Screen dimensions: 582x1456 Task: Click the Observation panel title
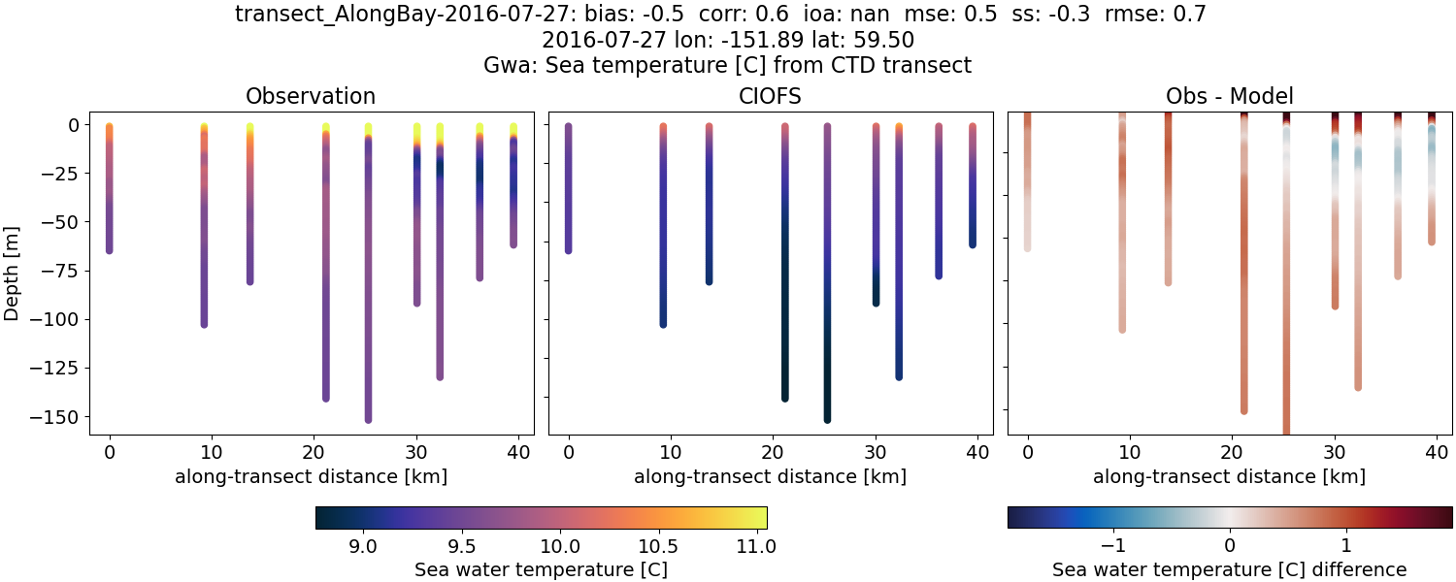click(311, 96)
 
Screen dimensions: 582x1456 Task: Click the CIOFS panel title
click(770, 96)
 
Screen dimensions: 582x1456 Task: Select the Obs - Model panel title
click(1229, 96)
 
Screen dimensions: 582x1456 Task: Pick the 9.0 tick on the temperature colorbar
click(362, 545)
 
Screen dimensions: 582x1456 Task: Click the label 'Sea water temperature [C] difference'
click(1229, 569)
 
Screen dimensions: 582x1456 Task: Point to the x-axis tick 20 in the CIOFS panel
click(773, 452)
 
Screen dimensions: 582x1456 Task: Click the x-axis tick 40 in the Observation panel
click(517, 452)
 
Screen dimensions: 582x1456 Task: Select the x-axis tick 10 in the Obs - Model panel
click(1130, 452)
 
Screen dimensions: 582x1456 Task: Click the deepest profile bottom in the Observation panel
click(368, 419)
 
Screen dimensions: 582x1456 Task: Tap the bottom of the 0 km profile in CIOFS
click(568, 250)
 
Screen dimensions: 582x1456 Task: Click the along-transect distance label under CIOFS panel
click(770, 476)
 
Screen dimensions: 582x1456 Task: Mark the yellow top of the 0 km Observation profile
click(109, 127)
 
